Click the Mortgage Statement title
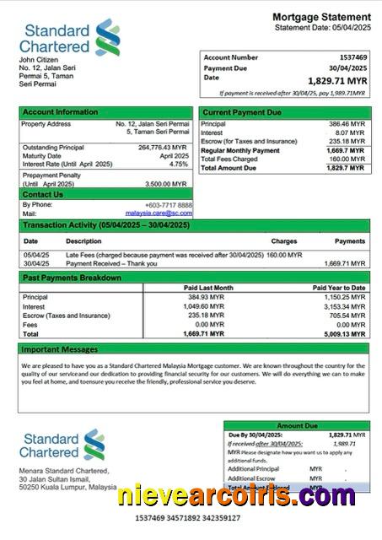pyautogui.click(x=321, y=17)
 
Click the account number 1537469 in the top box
pyautogui.click(x=348, y=57)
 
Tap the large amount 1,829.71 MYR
pyautogui.click(x=337, y=80)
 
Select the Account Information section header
pyautogui.click(x=60, y=111)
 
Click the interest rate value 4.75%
pyautogui.click(x=179, y=164)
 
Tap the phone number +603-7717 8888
pyautogui.click(x=168, y=205)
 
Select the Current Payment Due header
pyautogui.click(x=242, y=111)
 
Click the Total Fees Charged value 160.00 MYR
pyautogui.click(x=347, y=159)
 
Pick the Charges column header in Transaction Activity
pyautogui.click(x=283, y=241)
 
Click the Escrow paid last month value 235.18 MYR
pyautogui.click(x=207, y=316)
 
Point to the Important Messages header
pyautogui.click(x=60, y=348)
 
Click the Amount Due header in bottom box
pyautogui.click(x=296, y=426)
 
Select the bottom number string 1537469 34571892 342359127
pyautogui.click(x=191, y=517)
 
